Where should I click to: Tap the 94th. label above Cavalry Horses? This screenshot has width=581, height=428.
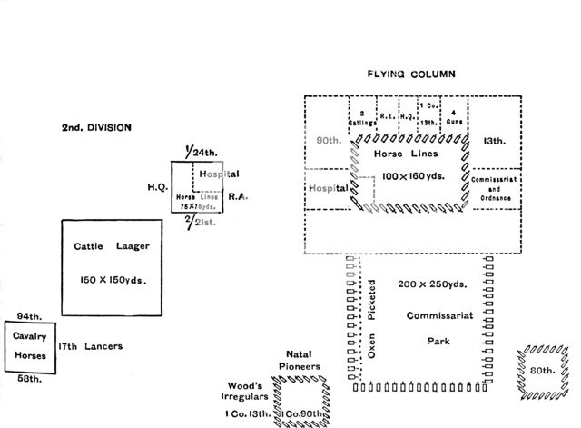coord(26,315)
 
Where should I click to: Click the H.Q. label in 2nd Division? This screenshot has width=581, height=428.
coord(155,186)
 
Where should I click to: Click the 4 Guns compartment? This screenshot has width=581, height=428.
coord(454,116)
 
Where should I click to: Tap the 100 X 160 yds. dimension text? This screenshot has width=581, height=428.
coord(413,174)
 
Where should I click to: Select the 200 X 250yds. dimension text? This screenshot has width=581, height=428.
coord(432,284)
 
